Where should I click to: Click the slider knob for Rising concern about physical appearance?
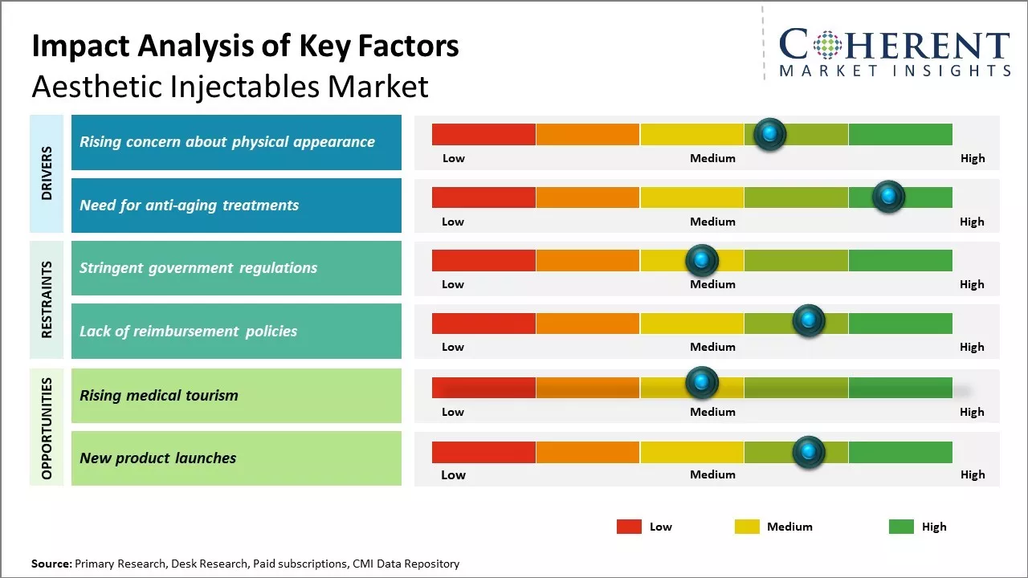tap(770, 133)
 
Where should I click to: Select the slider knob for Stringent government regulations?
tap(702, 260)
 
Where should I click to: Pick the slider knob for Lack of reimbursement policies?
tap(809, 321)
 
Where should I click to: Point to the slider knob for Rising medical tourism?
tap(702, 382)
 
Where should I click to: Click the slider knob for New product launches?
tap(809, 452)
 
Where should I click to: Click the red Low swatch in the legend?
tap(629, 527)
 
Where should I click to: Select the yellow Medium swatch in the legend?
tap(747, 527)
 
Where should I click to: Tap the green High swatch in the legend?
tap(901, 527)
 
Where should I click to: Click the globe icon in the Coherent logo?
tap(826, 45)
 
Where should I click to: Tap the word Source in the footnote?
tap(51, 564)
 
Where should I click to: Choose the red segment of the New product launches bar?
tap(483, 452)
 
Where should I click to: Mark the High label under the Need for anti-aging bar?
tap(972, 222)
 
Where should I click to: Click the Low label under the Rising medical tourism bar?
tap(453, 412)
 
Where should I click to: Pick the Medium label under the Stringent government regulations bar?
tap(712, 284)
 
